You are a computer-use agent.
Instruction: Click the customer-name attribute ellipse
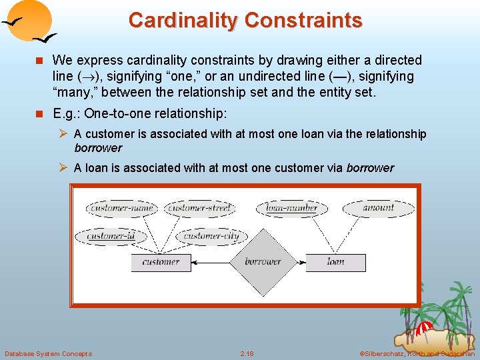point(121,208)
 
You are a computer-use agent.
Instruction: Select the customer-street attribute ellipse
point(200,208)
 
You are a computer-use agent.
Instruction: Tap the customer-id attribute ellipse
point(111,236)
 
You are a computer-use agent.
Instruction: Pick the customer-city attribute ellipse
point(211,236)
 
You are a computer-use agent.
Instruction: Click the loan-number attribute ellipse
point(292,208)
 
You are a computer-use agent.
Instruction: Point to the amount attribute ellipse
point(378,208)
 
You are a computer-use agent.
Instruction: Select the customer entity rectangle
point(161,262)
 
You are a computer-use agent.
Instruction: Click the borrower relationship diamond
point(263,262)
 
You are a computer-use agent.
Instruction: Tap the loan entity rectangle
point(335,262)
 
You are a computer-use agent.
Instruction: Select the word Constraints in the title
point(303,20)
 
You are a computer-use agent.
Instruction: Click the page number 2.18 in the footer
point(247,353)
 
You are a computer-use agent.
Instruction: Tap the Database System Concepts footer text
point(48,353)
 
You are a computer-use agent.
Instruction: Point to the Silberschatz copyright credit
point(417,353)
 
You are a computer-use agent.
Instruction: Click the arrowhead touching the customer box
point(194,262)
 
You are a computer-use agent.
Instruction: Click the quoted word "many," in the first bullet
point(73,91)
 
